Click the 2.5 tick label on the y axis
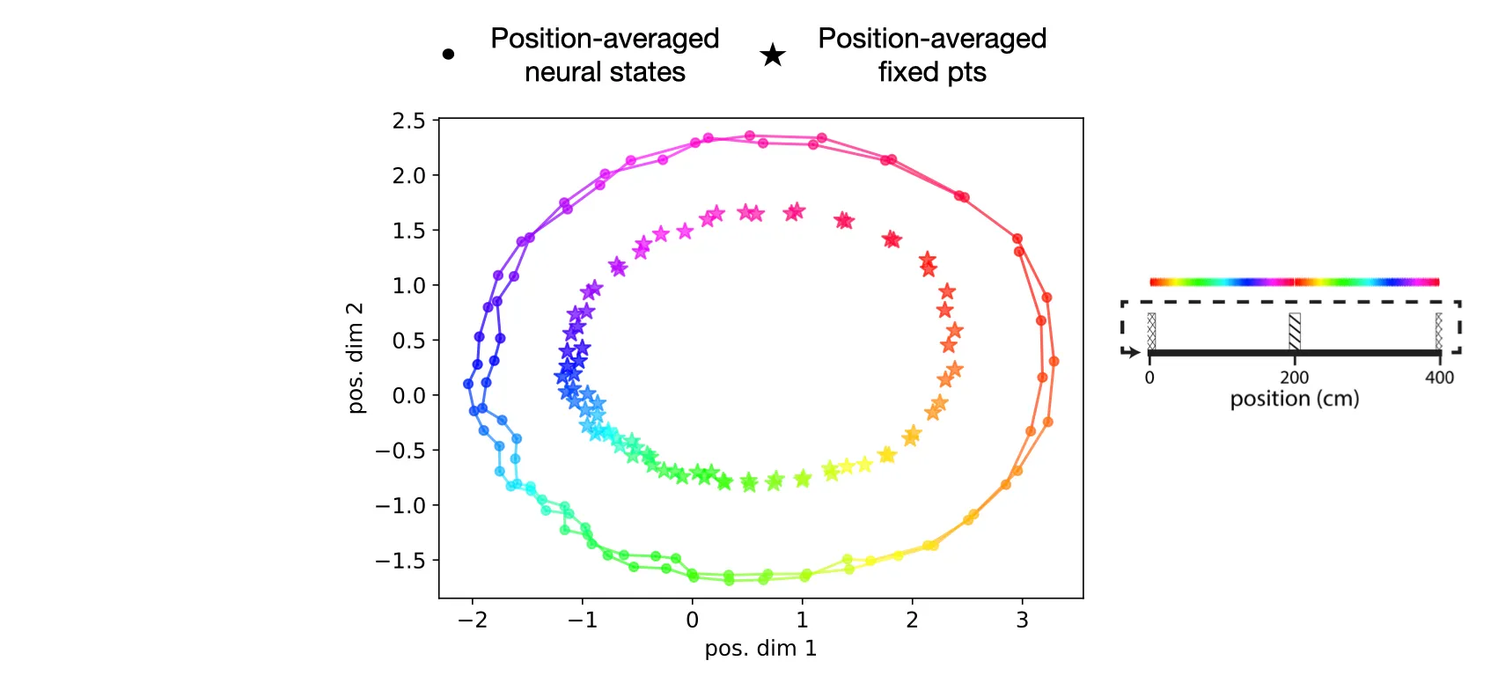coord(408,121)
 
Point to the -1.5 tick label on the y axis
coord(400,561)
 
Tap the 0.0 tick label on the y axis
coord(408,396)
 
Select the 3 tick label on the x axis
coord(1022,621)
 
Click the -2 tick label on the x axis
coord(472,621)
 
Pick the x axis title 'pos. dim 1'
coord(760,649)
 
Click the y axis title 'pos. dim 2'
coord(355,358)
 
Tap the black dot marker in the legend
coord(448,55)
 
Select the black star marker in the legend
coord(773,55)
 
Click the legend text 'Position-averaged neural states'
coord(605,55)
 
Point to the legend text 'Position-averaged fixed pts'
coord(932,55)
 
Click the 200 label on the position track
coord(1294,378)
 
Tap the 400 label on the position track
coord(1439,378)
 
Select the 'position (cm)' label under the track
coord(1294,399)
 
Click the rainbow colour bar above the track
coord(1294,283)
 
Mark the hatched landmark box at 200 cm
coord(1294,331)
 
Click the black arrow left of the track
coord(1131,352)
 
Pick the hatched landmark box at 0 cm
coord(1151,331)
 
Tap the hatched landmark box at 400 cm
coord(1438,331)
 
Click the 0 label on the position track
coord(1149,378)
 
